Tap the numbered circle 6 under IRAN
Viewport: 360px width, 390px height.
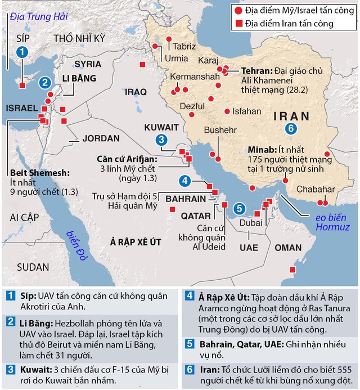(290, 129)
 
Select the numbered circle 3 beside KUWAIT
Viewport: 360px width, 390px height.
(161, 140)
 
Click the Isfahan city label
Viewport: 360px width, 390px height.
(247, 111)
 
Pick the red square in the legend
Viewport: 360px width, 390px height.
(240, 24)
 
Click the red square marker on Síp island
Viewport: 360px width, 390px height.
(22, 86)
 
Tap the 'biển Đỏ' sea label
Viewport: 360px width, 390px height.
(74, 245)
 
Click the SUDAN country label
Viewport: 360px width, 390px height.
(32, 267)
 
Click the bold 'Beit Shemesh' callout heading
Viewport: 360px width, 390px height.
(39, 173)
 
